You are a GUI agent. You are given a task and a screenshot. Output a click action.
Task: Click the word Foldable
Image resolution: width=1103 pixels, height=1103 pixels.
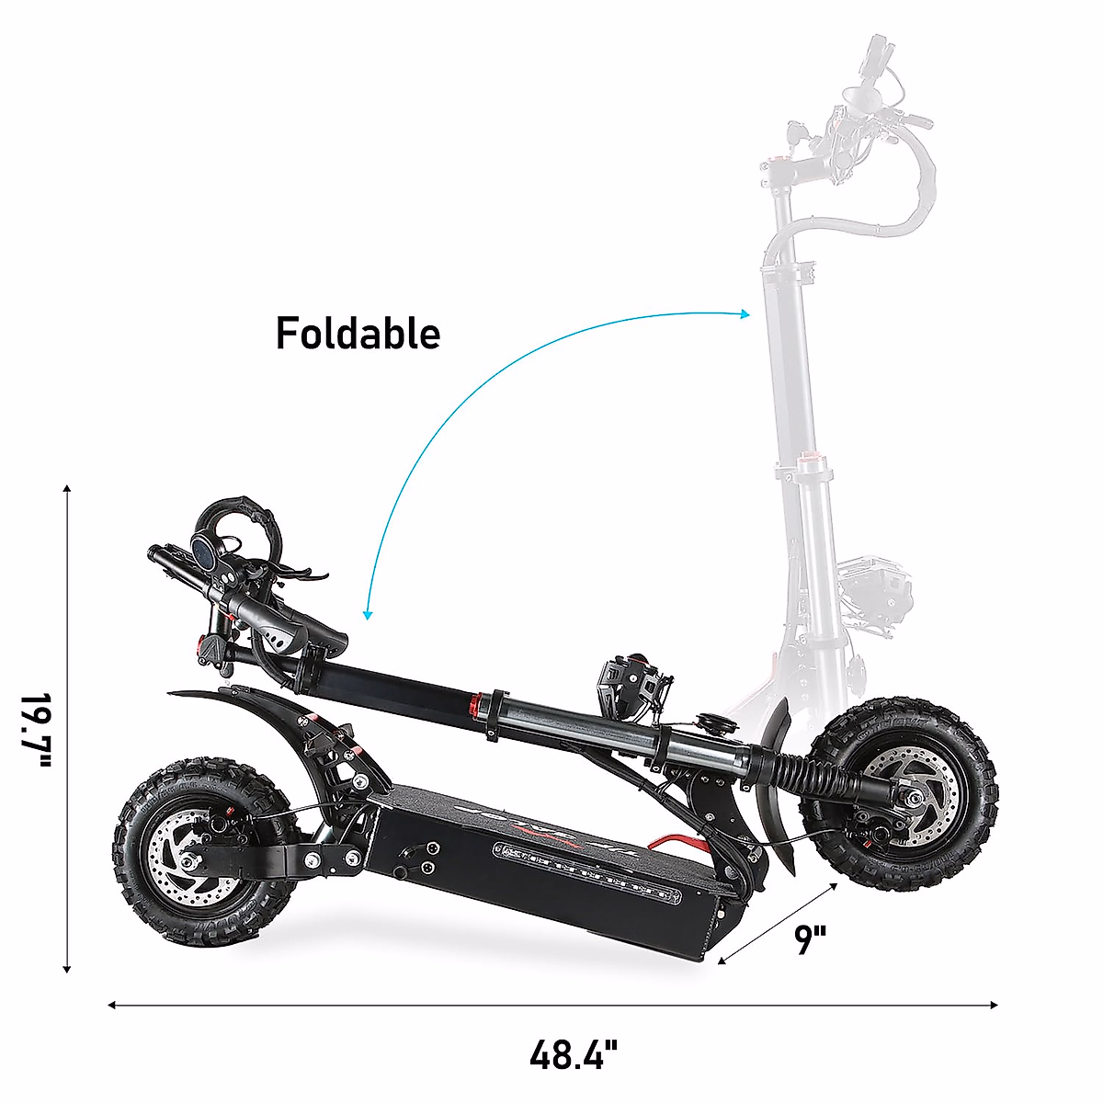(x=358, y=333)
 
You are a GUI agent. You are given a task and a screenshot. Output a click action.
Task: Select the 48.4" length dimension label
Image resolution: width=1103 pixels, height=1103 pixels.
(x=574, y=1053)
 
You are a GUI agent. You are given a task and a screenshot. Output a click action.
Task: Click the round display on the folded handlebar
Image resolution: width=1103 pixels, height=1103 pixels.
(x=203, y=551)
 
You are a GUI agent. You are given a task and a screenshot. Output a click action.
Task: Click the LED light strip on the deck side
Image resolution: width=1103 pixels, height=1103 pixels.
(x=588, y=872)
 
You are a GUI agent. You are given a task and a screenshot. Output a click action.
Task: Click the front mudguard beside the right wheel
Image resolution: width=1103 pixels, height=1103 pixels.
(x=781, y=781)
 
